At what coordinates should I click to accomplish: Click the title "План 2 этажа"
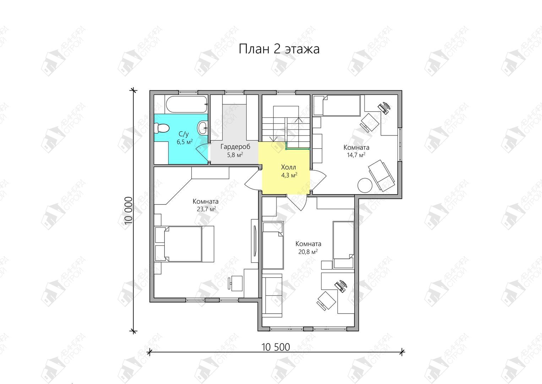(x=279, y=49)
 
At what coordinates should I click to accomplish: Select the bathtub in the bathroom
(x=187, y=104)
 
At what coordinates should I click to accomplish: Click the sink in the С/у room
(x=203, y=128)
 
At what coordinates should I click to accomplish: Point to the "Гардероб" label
(x=235, y=146)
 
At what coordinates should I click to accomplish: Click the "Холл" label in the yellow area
(x=289, y=167)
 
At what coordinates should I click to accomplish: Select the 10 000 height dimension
(x=129, y=210)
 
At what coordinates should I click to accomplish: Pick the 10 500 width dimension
(x=275, y=347)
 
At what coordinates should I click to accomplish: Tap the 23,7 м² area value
(x=206, y=209)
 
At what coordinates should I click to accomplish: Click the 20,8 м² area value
(x=308, y=252)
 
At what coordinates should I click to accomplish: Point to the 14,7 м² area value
(x=356, y=155)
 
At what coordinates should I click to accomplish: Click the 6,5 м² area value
(x=185, y=142)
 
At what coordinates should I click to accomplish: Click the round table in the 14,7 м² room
(x=365, y=186)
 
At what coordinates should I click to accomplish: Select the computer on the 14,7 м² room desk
(x=384, y=108)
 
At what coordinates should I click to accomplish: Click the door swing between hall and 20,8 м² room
(x=297, y=202)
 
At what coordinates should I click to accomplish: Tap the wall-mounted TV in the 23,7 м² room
(x=255, y=241)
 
